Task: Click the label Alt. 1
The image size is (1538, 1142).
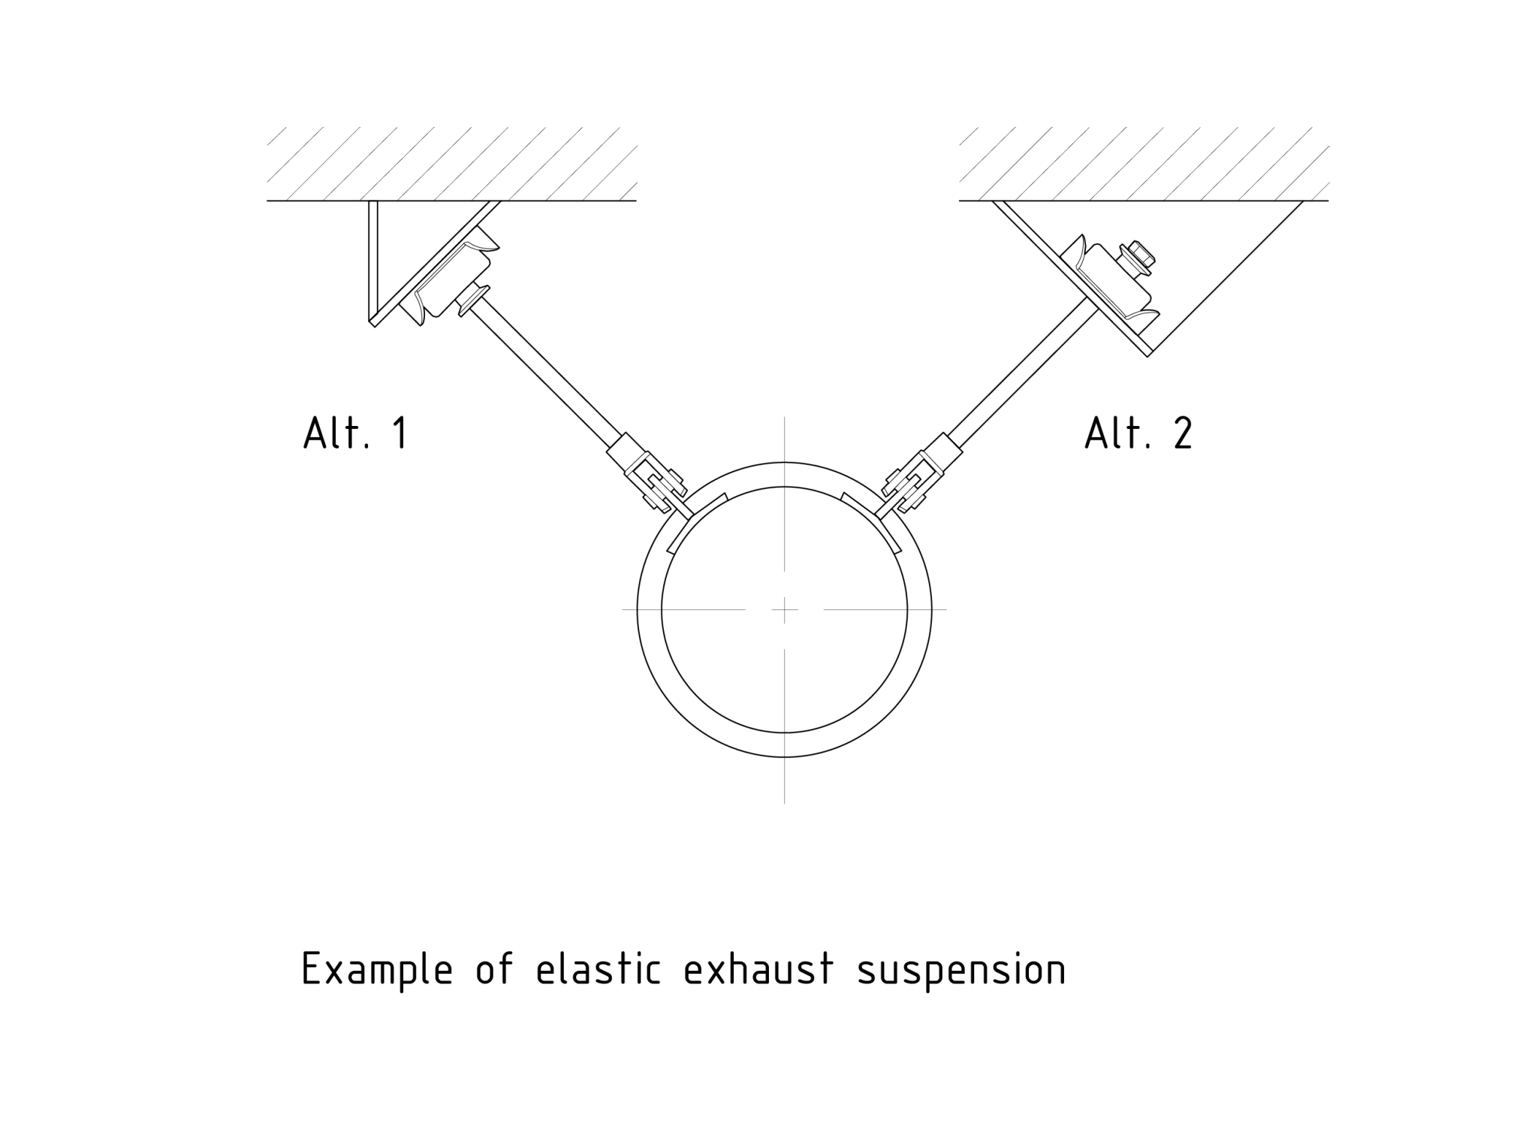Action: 356,434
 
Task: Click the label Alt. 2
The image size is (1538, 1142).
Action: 1138,434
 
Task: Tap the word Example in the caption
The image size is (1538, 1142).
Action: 377,970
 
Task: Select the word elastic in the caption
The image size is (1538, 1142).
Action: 599,970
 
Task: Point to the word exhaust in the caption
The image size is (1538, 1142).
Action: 758,970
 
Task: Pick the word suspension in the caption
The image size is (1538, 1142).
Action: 960,970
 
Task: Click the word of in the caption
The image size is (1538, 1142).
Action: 495,970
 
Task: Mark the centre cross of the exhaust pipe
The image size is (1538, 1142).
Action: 784,609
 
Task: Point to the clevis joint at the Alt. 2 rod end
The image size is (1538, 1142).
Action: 910,485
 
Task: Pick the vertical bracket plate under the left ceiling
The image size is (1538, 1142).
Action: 373,259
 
